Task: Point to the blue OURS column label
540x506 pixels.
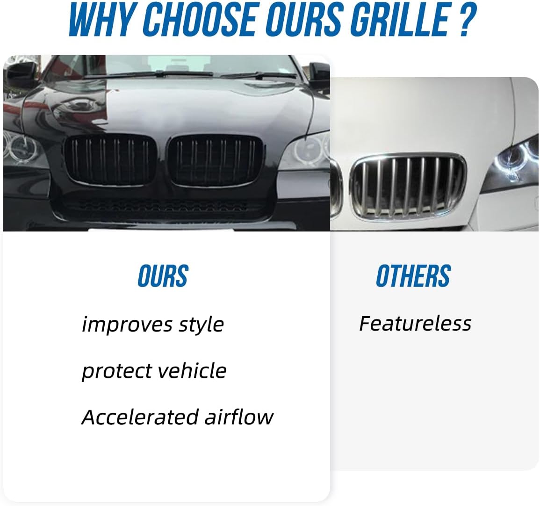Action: (163, 276)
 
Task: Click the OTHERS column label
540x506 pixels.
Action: (413, 276)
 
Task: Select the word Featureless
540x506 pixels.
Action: (415, 323)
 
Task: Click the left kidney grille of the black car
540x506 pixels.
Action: (110, 160)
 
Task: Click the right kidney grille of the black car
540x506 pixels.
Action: (214, 160)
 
